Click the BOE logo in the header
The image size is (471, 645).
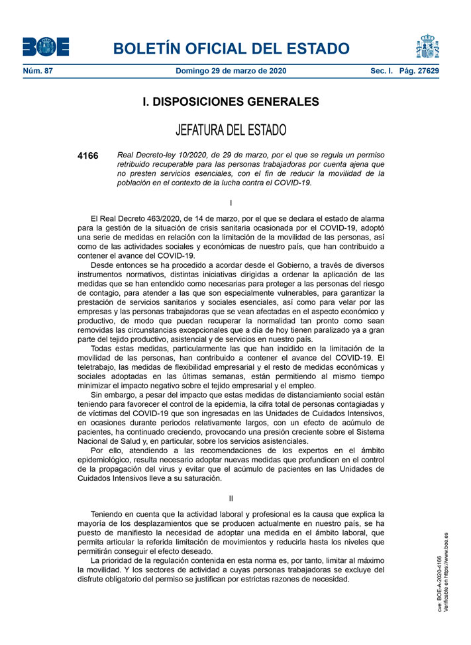click(46, 46)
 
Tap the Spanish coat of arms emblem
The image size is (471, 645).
click(429, 46)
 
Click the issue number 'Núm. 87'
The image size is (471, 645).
click(38, 71)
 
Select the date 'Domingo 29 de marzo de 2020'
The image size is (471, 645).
click(231, 71)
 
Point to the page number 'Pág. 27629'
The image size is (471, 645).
click(419, 71)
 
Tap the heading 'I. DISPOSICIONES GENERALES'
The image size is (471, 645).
click(231, 102)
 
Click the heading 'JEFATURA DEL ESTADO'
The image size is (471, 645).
click(231, 129)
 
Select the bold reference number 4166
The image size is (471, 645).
click(87, 156)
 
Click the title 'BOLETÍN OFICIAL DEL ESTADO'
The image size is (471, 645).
click(231, 48)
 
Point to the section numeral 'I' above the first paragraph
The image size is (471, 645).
click(231, 202)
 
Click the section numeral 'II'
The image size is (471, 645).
click(231, 498)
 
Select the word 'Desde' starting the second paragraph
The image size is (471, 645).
click(102, 265)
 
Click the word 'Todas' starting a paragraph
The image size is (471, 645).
click(102, 348)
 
